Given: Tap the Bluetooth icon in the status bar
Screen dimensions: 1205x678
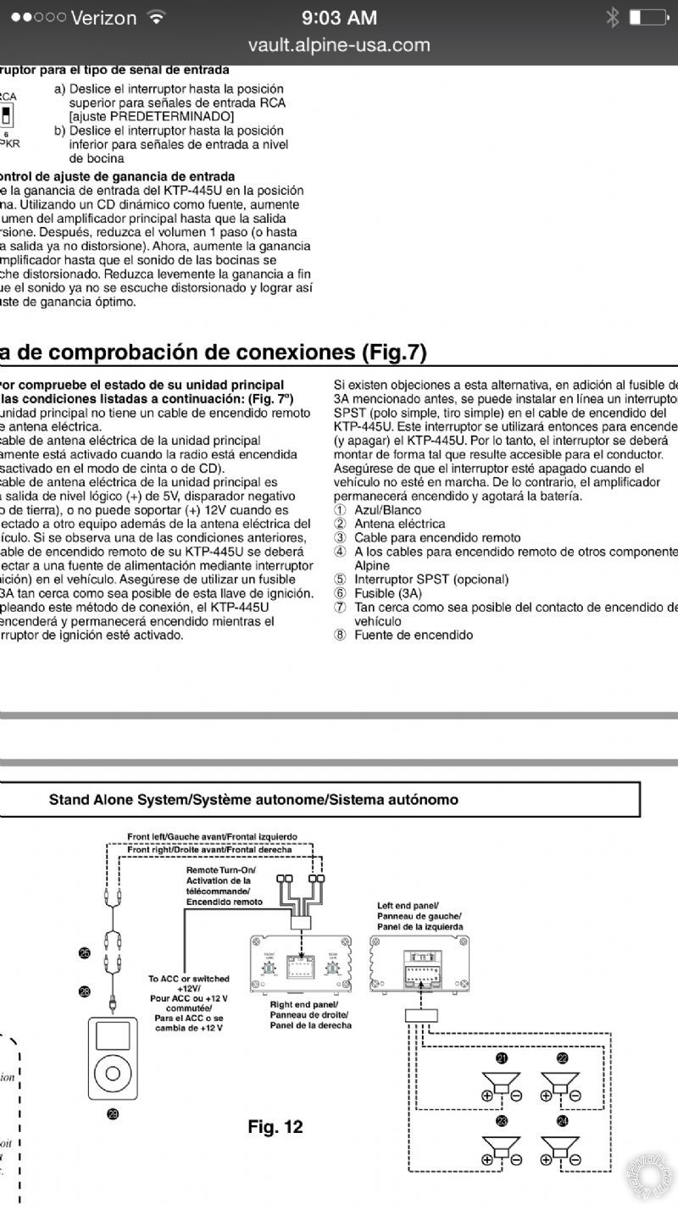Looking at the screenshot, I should pos(613,17).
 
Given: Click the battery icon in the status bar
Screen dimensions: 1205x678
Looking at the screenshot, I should pos(648,17).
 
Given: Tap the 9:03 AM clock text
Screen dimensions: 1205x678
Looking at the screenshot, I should pos(339,17).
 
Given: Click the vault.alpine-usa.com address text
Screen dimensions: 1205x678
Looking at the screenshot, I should pos(339,45).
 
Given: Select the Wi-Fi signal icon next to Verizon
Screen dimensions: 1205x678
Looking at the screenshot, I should pos(156,17).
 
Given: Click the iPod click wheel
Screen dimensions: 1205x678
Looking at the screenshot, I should pos(112,1074).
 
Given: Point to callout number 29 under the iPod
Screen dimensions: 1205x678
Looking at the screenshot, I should pos(112,1113).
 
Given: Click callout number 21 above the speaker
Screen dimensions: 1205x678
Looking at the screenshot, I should pos(502,1058).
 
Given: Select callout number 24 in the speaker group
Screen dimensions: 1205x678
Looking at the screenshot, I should pos(562,1120).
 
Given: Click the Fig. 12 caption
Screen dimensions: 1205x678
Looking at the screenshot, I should pos(275,1127).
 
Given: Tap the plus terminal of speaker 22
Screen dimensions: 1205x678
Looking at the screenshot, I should pos(547,1096).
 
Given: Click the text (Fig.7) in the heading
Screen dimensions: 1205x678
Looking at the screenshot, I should pos(393,351).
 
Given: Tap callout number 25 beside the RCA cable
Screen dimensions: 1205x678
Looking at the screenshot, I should pos(84,953).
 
